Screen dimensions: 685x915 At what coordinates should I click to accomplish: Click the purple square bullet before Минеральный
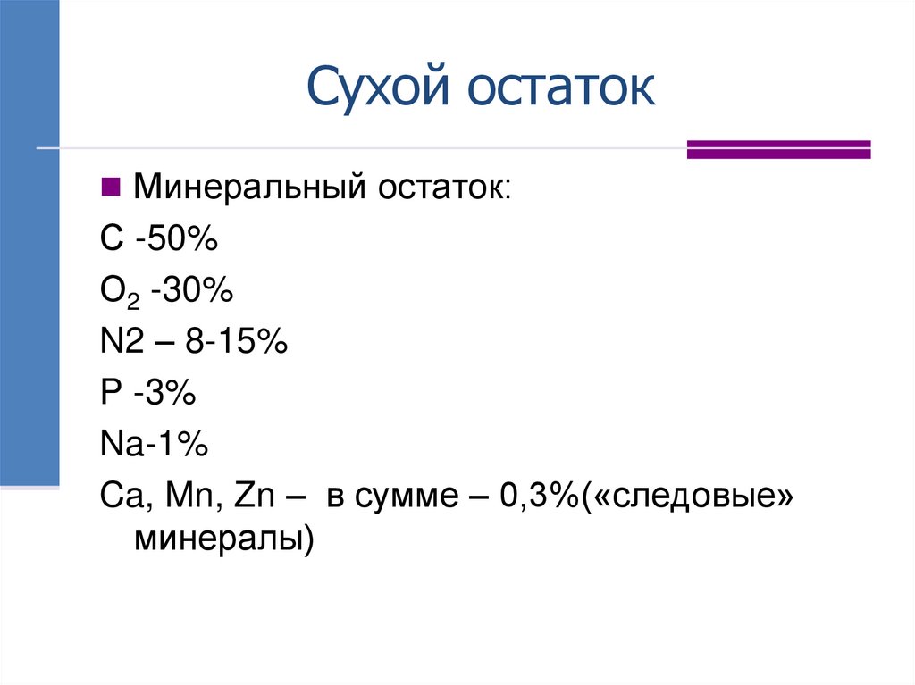(111, 188)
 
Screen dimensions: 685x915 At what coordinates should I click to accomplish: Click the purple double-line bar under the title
(778, 149)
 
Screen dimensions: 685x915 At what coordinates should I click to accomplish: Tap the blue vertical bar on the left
(29, 241)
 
